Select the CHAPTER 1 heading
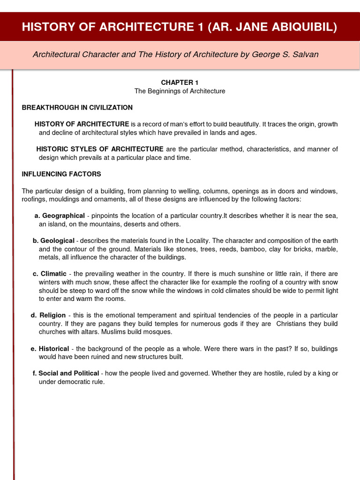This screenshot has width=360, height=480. click(x=180, y=82)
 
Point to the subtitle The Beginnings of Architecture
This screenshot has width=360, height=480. click(x=180, y=91)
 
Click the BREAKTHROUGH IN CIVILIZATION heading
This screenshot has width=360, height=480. click(x=77, y=107)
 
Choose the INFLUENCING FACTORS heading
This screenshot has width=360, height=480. click(x=61, y=174)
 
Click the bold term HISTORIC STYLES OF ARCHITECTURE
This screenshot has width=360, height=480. click(x=100, y=149)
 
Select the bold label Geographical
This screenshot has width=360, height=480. click(x=63, y=216)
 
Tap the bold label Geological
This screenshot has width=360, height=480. click(x=57, y=240)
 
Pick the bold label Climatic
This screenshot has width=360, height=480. click(x=53, y=274)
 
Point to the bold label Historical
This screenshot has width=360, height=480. click(x=53, y=349)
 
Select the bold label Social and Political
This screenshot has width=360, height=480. click(x=68, y=373)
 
